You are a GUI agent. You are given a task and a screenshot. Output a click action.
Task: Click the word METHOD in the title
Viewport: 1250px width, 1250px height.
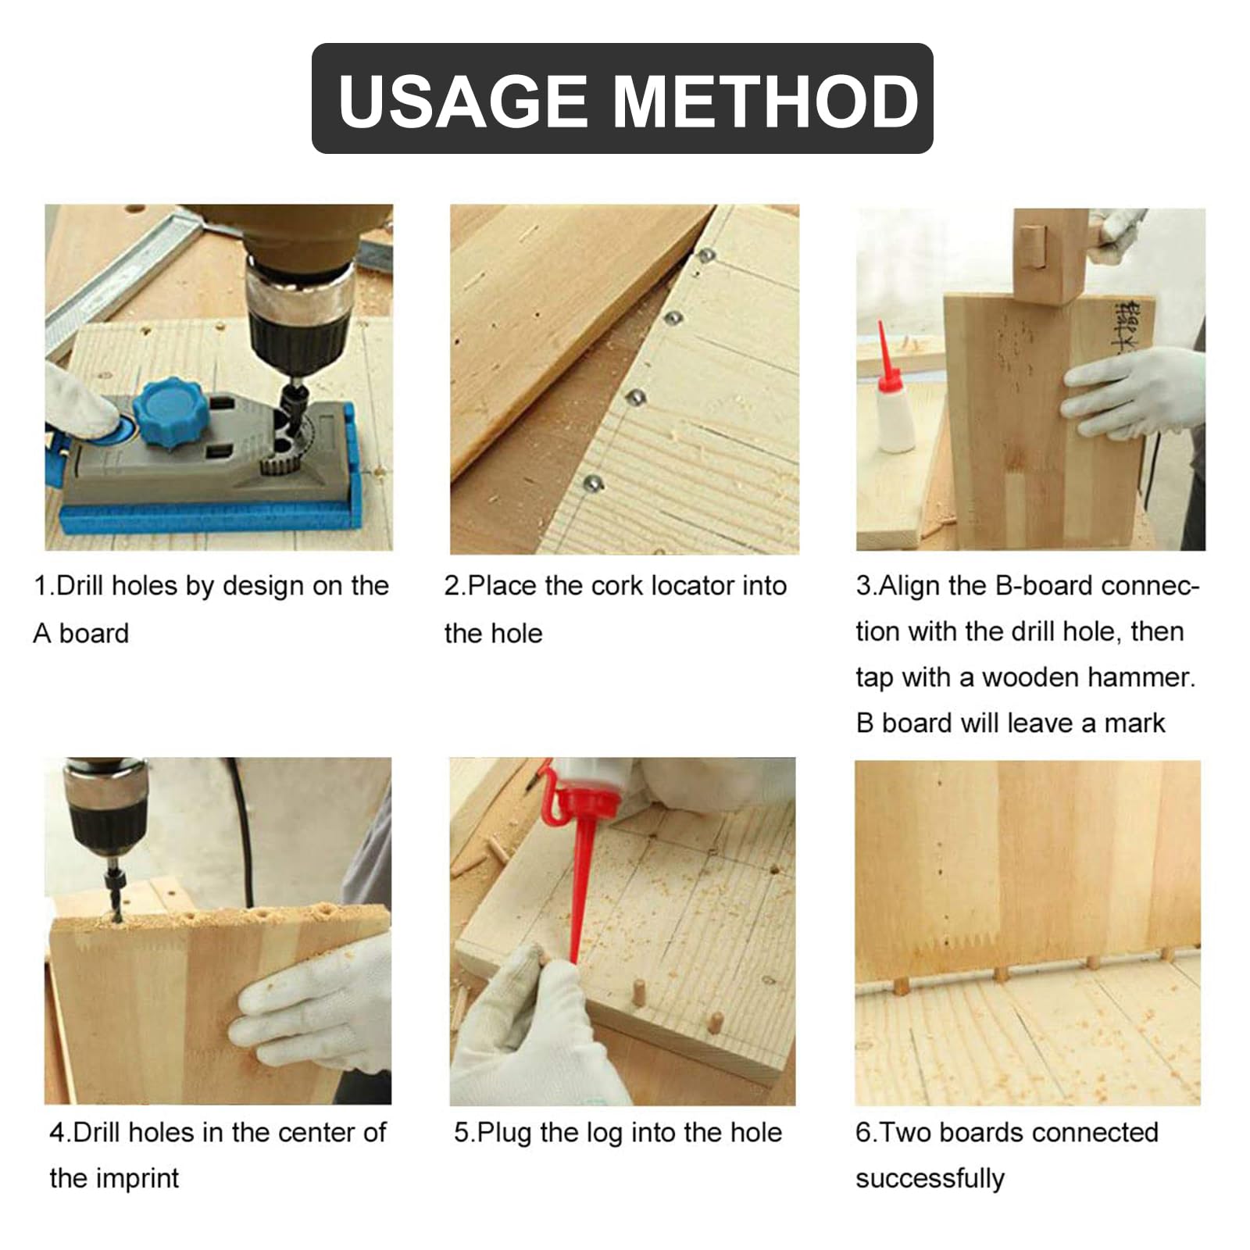pos(766,101)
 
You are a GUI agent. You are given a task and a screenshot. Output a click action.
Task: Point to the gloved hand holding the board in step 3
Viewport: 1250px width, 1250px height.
pos(1133,391)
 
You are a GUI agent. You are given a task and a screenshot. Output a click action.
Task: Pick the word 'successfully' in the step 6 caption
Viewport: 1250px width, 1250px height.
pos(930,1178)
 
